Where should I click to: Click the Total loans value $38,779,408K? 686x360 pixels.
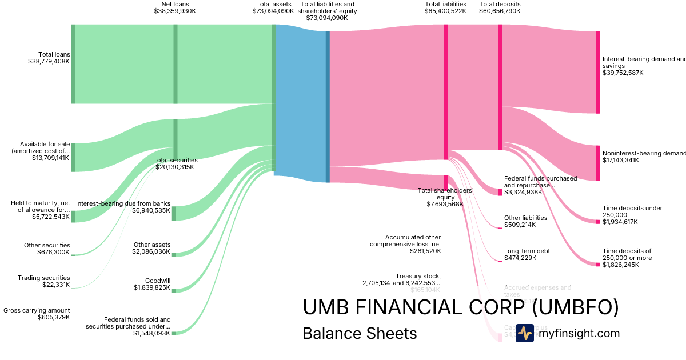(x=49, y=61)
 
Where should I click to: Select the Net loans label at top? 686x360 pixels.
(x=175, y=4)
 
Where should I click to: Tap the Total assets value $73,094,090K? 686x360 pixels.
(x=273, y=11)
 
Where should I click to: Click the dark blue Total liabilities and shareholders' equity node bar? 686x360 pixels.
(x=328, y=106)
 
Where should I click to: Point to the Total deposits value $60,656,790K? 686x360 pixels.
(x=500, y=11)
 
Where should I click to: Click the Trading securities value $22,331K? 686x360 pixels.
(x=56, y=285)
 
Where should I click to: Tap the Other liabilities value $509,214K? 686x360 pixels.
(x=520, y=225)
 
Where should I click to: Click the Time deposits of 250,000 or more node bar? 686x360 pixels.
(x=598, y=264)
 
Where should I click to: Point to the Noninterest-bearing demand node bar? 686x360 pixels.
(x=598, y=163)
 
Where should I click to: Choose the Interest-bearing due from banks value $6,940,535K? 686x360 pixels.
(x=151, y=210)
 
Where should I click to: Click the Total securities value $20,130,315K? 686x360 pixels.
(x=175, y=167)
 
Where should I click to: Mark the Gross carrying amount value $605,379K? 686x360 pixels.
(x=54, y=317)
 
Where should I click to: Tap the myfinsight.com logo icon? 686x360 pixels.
(x=524, y=333)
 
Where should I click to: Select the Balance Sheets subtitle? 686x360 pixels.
(x=360, y=333)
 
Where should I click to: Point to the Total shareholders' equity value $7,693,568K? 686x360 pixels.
(x=445, y=204)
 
